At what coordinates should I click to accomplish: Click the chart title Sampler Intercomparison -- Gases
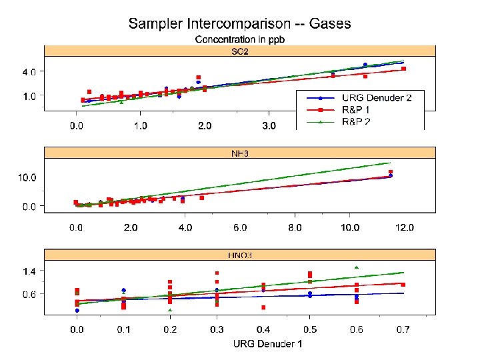coord(239,24)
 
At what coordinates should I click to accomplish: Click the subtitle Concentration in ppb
coord(239,40)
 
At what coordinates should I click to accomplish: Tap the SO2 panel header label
coord(239,51)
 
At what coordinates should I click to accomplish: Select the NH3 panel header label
coord(239,153)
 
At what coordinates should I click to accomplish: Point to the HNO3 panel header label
coord(239,255)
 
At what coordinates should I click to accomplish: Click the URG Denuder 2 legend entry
coord(376,98)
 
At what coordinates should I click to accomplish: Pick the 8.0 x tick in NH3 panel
coord(294,228)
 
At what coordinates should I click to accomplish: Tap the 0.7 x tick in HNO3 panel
coord(403,330)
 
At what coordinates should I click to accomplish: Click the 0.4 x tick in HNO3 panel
coord(263,330)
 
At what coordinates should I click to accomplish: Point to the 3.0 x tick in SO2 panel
coord(268,125)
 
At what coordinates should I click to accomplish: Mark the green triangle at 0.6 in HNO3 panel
coord(357,267)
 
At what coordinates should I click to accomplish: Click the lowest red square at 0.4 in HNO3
coord(263,307)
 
